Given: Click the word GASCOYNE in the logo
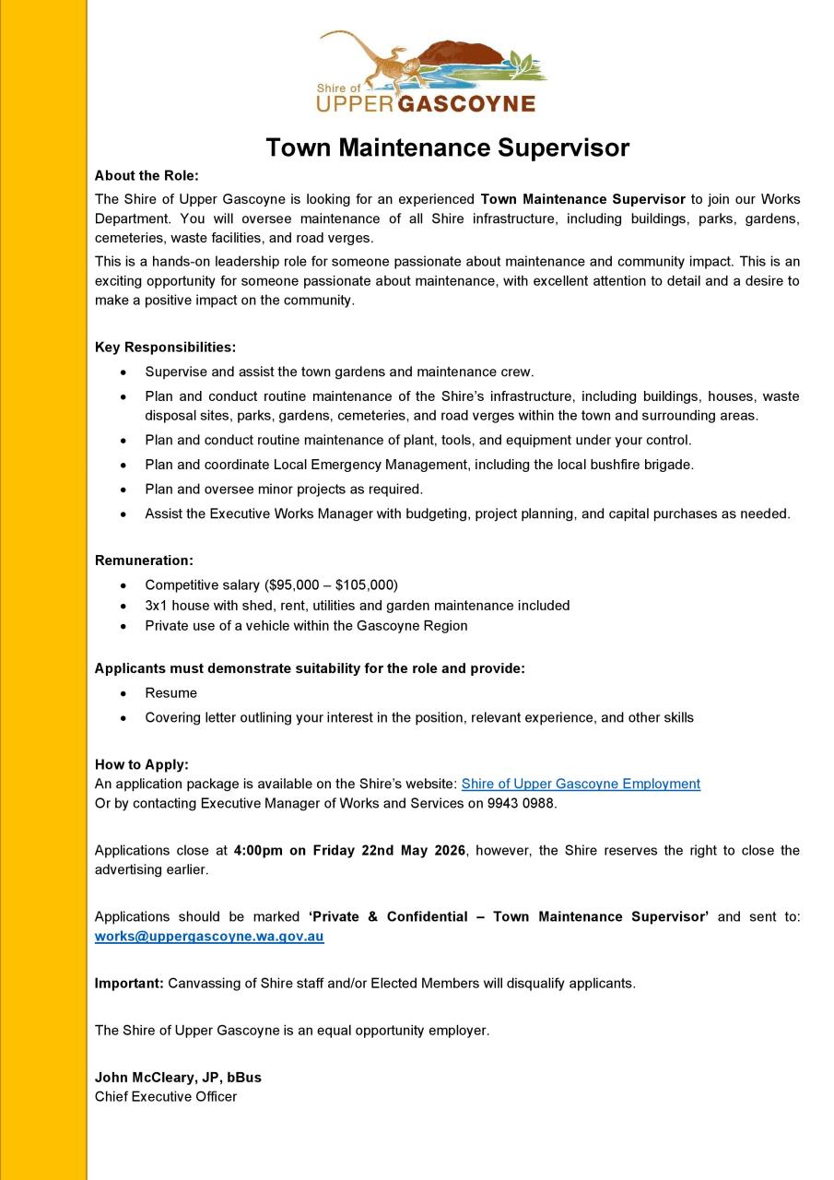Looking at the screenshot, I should [x=466, y=103].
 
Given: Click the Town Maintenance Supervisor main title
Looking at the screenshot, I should [x=447, y=147].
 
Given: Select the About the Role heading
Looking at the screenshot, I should [x=147, y=175].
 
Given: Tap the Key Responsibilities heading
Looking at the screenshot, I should [x=165, y=348].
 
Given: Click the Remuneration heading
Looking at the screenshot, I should [x=144, y=560].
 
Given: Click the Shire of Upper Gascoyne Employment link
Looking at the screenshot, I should [x=580, y=784].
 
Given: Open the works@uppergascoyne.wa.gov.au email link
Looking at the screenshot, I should [x=209, y=937].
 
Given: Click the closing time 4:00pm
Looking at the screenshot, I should [x=258, y=850].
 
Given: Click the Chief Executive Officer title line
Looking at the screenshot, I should [x=166, y=1096].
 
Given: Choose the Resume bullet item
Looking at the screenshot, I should [x=170, y=692].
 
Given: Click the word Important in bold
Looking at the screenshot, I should [x=129, y=983].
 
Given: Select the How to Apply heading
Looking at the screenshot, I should [x=141, y=764].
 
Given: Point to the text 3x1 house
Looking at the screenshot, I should [x=176, y=605].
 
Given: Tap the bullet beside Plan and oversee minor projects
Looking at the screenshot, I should [x=123, y=490].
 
